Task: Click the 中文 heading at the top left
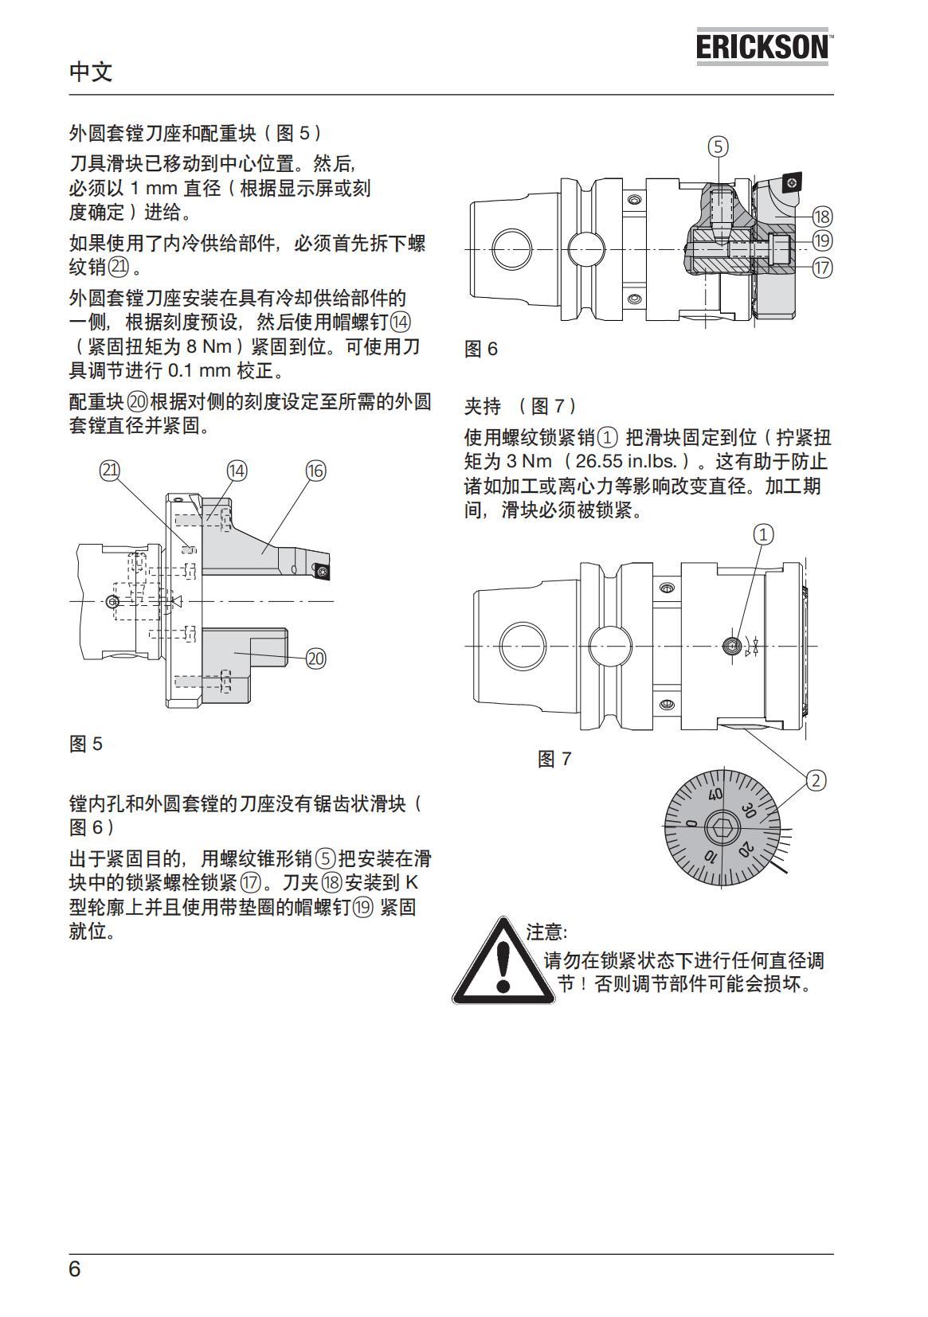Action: pos(91,72)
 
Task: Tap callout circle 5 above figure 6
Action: pos(718,147)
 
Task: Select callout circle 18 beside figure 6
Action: pos(822,217)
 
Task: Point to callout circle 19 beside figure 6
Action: pos(822,241)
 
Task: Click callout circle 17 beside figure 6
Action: pos(822,268)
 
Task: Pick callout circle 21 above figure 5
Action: pos(109,470)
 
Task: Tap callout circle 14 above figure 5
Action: pos(237,471)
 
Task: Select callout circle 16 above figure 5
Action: pos(315,471)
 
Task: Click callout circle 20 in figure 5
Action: pos(316,658)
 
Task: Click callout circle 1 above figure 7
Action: pos(763,533)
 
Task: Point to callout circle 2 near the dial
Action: pos(816,780)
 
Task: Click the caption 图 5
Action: pos(86,744)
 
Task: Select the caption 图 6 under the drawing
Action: pos(481,349)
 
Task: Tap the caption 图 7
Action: pos(554,759)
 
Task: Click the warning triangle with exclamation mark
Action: pos(503,962)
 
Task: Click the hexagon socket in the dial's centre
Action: pos(721,827)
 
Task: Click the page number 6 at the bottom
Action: pos(75,1268)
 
